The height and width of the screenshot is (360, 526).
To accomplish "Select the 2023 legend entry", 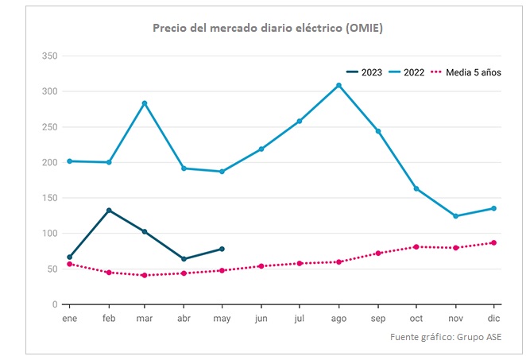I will click(365, 72).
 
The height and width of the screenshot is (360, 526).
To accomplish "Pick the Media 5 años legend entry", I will click(466, 72).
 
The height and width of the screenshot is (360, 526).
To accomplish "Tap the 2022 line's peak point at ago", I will click(339, 85).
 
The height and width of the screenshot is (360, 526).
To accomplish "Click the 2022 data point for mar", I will click(145, 103).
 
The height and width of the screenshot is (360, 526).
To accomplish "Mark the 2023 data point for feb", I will click(108, 211).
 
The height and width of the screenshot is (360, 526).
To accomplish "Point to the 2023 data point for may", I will click(222, 249).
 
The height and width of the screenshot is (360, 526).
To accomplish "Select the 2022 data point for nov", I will click(455, 216).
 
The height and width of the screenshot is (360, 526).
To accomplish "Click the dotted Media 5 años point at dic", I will click(494, 242).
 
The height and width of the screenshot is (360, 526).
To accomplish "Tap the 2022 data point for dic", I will click(494, 208).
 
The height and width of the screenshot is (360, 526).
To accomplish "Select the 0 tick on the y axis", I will click(54, 304).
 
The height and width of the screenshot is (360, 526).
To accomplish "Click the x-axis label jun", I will click(261, 318).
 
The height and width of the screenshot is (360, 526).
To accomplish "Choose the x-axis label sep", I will click(378, 318).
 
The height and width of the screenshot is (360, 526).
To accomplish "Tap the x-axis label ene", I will click(69, 318).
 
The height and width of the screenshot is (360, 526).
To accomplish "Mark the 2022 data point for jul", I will click(300, 121).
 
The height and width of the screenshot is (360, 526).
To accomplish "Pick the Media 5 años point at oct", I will click(416, 246).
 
